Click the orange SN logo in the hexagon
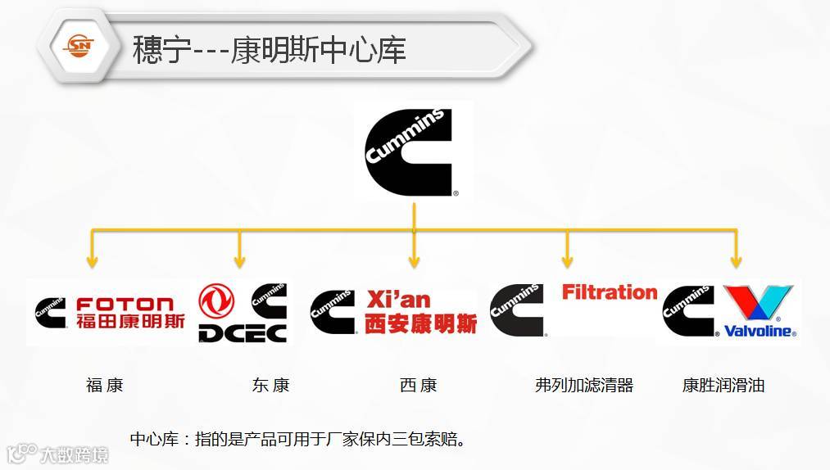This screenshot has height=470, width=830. click(x=79, y=46)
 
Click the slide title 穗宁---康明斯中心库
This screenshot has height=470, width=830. click(x=270, y=50)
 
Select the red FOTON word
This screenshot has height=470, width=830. click(x=125, y=304)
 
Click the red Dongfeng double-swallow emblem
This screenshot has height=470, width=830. click(x=216, y=301)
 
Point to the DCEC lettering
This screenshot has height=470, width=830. click(x=243, y=332)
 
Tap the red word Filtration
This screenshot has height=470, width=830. click(x=610, y=292)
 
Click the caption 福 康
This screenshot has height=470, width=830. click(x=105, y=385)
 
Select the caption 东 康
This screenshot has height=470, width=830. click(x=270, y=385)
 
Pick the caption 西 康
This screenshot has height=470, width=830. click(x=419, y=385)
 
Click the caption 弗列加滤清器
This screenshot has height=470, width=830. click(x=584, y=385)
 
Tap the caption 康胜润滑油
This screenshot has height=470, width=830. click(x=723, y=385)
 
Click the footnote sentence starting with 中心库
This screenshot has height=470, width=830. click(x=298, y=439)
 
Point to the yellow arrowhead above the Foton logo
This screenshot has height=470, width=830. click(x=93, y=261)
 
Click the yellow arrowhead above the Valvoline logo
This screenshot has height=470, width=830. click(x=736, y=261)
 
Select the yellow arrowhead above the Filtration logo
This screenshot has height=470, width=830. click(x=567, y=261)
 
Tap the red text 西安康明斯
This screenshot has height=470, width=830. click(x=420, y=323)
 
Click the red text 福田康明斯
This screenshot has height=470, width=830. click(x=130, y=321)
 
